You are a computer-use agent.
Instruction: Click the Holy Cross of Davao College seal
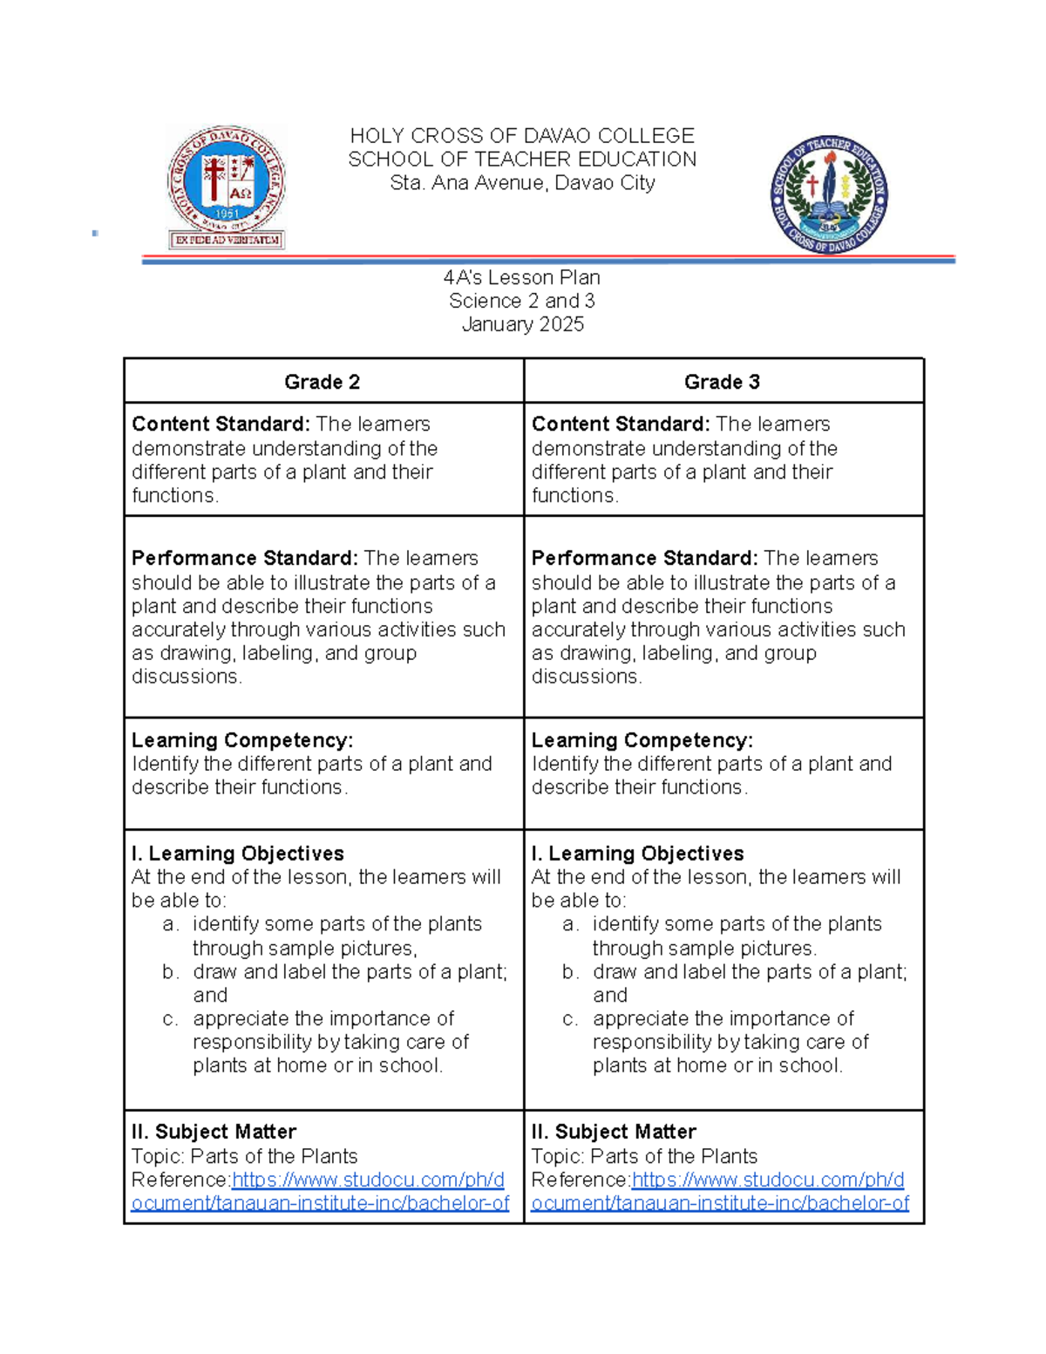coord(227,187)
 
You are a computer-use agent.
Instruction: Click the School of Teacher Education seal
coord(829,194)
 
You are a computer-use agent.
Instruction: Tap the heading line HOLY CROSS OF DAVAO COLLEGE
coord(522,136)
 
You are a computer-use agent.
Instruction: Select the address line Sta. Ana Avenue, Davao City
coord(522,183)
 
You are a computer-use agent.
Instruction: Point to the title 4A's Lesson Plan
coord(522,277)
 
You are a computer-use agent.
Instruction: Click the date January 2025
coord(522,324)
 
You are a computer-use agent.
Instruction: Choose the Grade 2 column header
coord(322,382)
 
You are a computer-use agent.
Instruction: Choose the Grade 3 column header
coord(722,382)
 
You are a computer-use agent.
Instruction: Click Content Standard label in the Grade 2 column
coord(221,425)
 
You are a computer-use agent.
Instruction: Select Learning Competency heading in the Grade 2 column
coord(242,740)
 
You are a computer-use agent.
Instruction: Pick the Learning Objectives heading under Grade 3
coord(637,854)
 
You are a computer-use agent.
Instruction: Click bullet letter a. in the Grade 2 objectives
coord(170,924)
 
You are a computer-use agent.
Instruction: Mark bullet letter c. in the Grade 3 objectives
coord(570,1019)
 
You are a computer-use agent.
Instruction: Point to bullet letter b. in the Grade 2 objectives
coord(170,972)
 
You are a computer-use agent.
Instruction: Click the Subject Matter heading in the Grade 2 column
coord(214,1132)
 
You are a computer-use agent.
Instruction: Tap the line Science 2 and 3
coord(522,301)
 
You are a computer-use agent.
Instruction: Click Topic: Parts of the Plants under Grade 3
coord(644,1156)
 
